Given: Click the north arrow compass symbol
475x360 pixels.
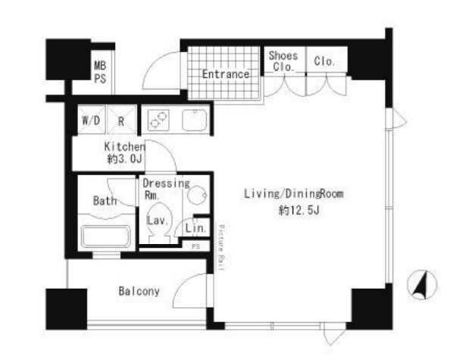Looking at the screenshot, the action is pos(422,285).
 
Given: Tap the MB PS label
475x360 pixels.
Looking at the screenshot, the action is pos(100,72).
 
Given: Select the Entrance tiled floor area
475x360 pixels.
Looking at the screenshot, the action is pos(224,73).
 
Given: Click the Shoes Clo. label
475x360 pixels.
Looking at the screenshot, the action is pos(283,61).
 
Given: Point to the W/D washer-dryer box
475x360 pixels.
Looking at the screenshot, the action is pos(91,120).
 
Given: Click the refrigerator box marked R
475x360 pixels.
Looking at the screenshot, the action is pos(121,120).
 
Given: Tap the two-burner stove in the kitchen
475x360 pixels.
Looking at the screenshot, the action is pos(158,120).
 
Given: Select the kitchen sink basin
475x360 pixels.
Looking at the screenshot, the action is pos(195,120).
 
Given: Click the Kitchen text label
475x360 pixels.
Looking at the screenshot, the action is pos(124,147).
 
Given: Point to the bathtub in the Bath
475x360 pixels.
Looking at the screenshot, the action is pos(106,236).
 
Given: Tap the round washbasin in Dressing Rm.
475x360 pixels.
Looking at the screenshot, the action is pos(197,195).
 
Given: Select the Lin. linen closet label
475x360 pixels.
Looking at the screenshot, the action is pos(196,228).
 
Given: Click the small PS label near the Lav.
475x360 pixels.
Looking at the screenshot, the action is pos(196,246).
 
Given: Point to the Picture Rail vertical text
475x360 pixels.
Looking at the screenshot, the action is pos(221,248).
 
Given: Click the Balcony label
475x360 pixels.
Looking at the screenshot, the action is pos(139,291).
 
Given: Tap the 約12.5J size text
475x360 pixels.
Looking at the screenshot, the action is pos(298,210).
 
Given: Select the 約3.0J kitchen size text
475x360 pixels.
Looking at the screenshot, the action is pos(124,159).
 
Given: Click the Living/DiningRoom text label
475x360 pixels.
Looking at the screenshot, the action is pos(294,194).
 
